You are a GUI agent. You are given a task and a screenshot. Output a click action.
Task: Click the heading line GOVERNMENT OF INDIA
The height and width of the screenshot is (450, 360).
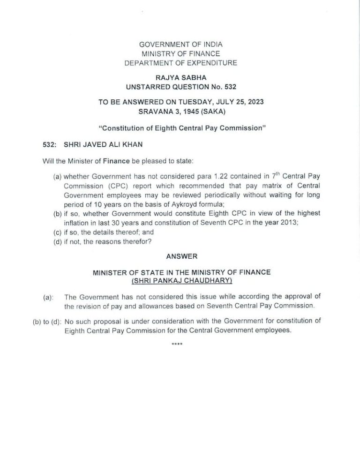(x=180, y=45)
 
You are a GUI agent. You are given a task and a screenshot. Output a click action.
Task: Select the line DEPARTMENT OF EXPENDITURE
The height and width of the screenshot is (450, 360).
(x=180, y=63)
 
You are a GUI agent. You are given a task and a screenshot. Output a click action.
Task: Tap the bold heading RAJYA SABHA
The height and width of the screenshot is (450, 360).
(x=180, y=77)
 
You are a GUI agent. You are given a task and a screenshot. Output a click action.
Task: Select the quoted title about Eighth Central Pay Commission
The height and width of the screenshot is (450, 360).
(x=180, y=128)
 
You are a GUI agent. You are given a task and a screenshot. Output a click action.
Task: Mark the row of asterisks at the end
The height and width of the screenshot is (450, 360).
(x=177, y=345)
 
